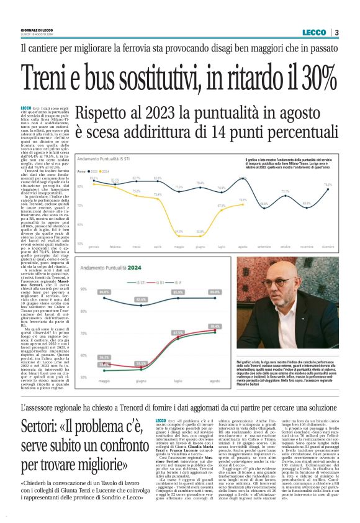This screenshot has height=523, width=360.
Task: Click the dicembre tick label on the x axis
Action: point(328,246)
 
